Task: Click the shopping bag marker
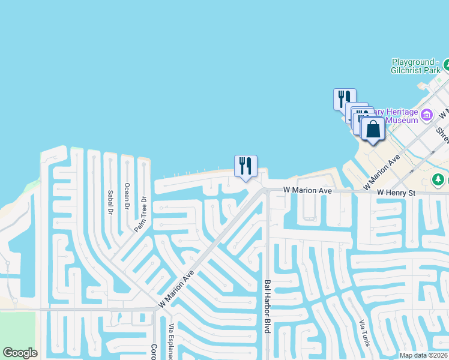coord(373,129)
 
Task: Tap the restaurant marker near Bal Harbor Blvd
coord(246,166)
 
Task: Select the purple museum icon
coord(427,115)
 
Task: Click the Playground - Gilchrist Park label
coord(416,66)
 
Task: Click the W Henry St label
coord(396,193)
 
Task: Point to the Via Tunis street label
coord(364,333)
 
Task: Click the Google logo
coord(20,353)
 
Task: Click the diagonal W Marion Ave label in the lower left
coord(177,289)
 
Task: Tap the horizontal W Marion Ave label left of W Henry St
coord(308,191)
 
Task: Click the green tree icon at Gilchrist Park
coord(447,62)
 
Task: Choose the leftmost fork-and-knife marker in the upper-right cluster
coord(345,98)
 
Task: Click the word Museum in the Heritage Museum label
coord(401,120)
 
